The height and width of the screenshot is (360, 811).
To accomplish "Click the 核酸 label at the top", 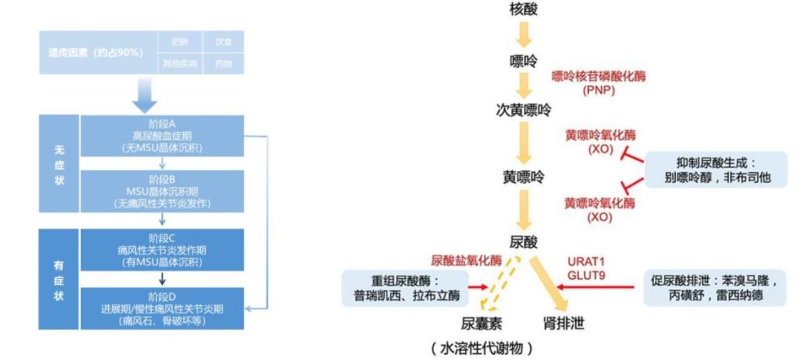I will (x=523, y=10).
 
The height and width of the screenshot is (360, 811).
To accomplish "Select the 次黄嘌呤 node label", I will (x=523, y=110).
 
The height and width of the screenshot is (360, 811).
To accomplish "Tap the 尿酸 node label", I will (x=523, y=243).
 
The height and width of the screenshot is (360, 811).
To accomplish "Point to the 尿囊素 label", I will (x=481, y=323).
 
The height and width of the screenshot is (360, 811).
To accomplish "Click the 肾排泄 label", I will (x=563, y=323).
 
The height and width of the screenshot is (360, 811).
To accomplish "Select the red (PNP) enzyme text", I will (x=598, y=89).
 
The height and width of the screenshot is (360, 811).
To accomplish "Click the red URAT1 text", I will (x=586, y=262).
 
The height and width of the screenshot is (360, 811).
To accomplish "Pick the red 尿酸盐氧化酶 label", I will (x=466, y=261).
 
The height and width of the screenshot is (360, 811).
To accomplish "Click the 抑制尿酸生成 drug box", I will (x=717, y=170).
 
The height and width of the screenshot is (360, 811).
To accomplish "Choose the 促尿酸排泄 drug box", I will (x=715, y=288).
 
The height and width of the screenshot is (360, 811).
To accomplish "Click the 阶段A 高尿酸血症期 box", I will (x=162, y=136).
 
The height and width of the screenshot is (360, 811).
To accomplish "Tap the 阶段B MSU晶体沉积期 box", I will (x=162, y=191).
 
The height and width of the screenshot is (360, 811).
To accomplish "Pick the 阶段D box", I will (x=162, y=309).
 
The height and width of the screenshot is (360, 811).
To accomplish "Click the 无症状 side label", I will (x=59, y=164).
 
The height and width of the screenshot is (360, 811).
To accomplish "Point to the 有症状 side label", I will (x=59, y=279).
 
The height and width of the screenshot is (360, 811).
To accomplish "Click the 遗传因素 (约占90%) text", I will (x=95, y=52).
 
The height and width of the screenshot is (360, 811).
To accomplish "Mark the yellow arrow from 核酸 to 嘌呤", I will (x=524, y=35).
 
